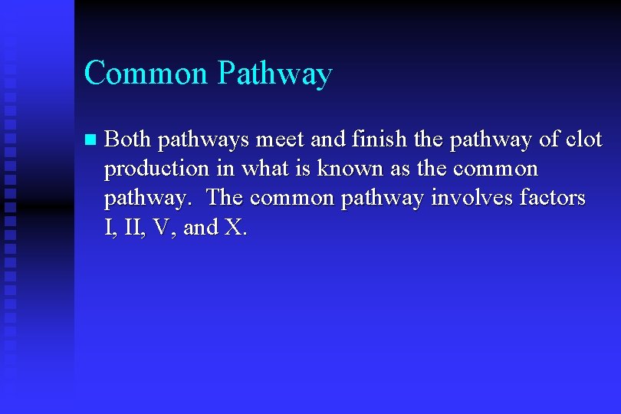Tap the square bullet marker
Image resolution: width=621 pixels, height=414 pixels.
tap(90, 140)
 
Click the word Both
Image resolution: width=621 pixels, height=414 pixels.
tap(127, 140)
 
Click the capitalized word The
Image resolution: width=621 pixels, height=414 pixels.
tap(225, 198)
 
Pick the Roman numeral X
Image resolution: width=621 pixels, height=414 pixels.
tap(233, 228)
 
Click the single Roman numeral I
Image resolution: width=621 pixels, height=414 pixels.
tap(108, 228)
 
